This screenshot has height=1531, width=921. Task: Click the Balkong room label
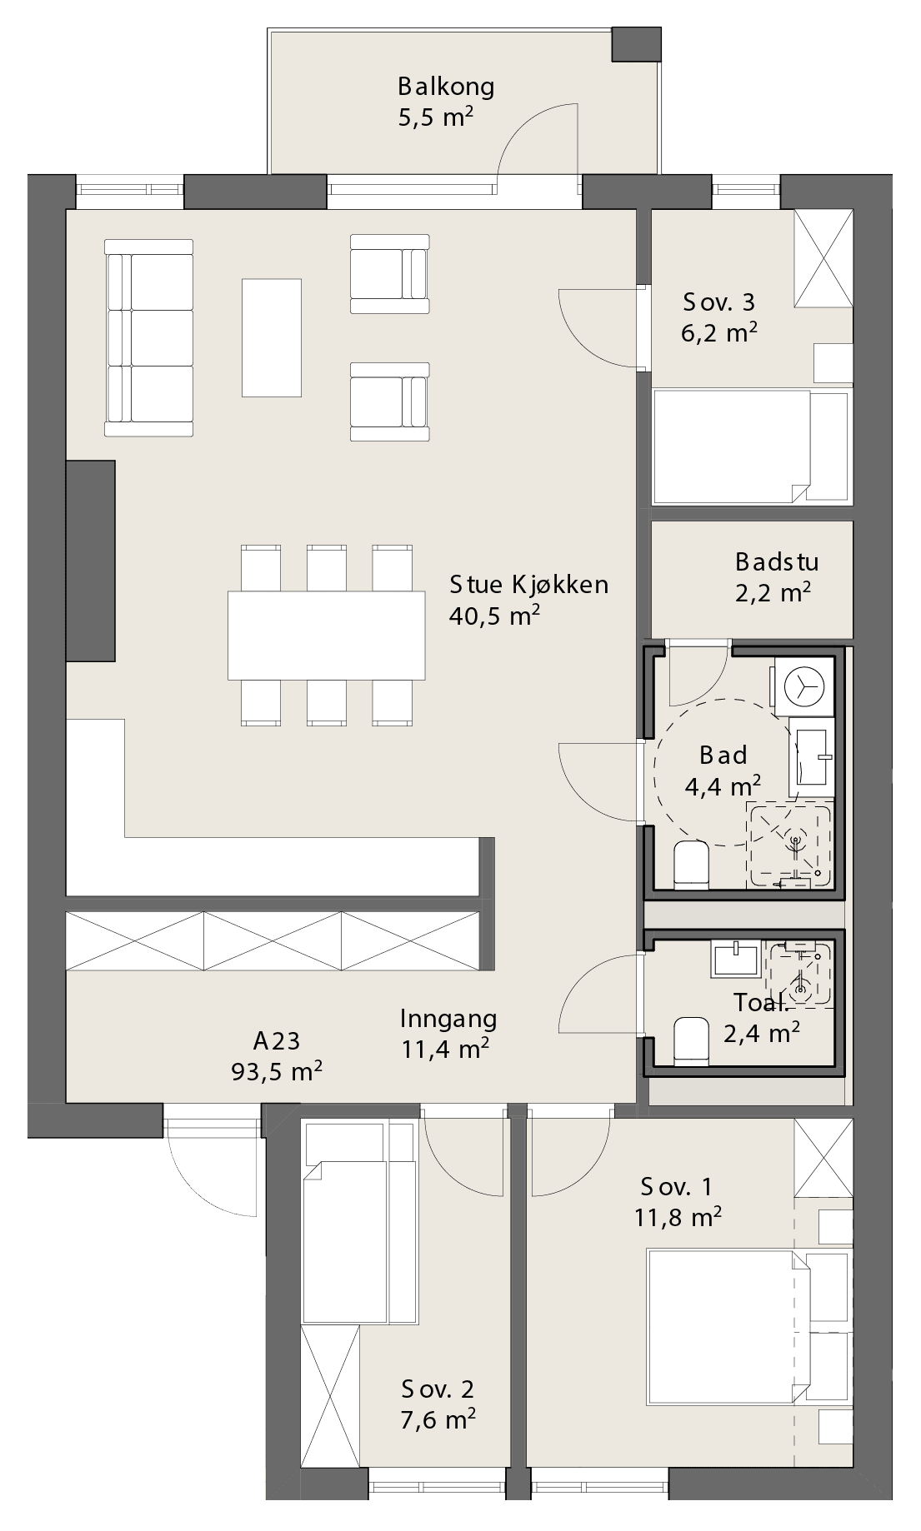(x=446, y=87)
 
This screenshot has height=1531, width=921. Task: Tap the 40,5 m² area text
(x=494, y=616)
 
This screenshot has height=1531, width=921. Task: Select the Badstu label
(x=777, y=561)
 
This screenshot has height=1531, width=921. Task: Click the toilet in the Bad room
(x=690, y=864)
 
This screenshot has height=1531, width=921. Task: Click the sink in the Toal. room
(x=734, y=959)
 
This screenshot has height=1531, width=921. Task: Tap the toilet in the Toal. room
(x=690, y=1040)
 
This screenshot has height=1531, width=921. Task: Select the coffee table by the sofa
(x=271, y=337)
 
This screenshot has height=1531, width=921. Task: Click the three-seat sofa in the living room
(x=148, y=337)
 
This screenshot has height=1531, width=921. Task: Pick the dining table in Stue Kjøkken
(x=327, y=635)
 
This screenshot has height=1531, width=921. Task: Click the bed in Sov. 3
(x=752, y=446)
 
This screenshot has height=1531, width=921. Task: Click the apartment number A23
(x=277, y=1040)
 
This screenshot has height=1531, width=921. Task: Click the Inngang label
(x=448, y=1018)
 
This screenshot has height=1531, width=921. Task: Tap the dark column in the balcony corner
(x=636, y=44)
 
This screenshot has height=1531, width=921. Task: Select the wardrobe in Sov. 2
(x=329, y=1395)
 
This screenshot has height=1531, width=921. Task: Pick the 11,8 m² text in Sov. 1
(x=678, y=1218)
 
